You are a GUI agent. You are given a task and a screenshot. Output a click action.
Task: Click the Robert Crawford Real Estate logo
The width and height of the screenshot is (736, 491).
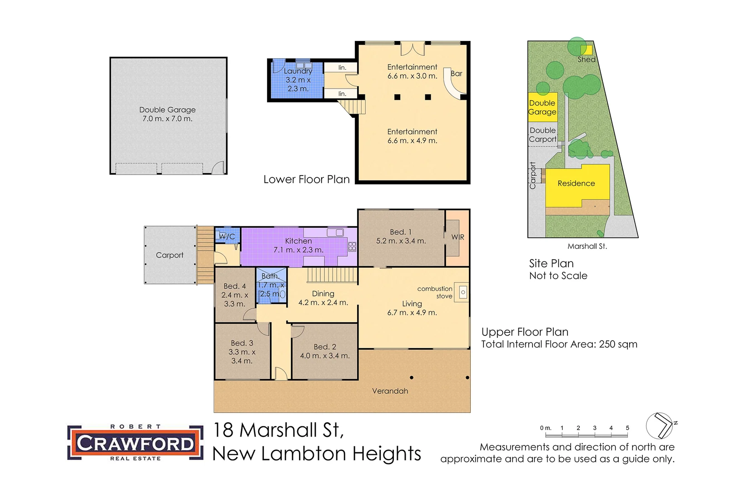click(135, 443)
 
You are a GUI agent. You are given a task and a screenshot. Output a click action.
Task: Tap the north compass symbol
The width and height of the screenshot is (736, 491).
click(660, 426)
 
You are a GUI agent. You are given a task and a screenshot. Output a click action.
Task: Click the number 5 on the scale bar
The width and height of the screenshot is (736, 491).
click(627, 428)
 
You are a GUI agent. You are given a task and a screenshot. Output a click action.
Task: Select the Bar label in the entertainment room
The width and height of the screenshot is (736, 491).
click(457, 74)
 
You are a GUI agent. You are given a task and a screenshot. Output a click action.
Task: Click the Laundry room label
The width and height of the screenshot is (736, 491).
click(298, 71)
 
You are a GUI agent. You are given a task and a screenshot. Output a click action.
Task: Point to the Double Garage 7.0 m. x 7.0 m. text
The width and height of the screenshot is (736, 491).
click(168, 114)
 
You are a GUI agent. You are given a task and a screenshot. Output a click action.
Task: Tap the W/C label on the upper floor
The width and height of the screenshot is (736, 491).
click(227, 236)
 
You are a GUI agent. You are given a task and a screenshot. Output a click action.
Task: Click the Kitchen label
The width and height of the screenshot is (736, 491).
click(298, 241)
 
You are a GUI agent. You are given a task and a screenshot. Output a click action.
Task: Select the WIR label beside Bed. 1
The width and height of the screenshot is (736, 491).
click(458, 237)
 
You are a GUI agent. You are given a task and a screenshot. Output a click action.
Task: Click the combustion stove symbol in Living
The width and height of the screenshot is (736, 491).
click(462, 292)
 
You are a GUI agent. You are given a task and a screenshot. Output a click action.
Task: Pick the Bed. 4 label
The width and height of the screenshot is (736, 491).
click(234, 286)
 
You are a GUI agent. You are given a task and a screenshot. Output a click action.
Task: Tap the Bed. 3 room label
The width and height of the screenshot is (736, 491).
click(242, 343)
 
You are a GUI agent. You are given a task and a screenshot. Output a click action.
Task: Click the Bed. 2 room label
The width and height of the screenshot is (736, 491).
click(325, 347)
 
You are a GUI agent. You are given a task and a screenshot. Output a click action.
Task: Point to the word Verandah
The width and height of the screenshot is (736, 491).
click(390, 391)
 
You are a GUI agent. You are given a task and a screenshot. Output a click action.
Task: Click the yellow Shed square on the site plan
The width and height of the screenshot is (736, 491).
click(586, 50)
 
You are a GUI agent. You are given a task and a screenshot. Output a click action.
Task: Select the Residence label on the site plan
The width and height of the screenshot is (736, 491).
click(576, 184)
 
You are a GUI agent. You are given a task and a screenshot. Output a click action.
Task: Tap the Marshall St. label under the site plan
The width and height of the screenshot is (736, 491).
click(587, 246)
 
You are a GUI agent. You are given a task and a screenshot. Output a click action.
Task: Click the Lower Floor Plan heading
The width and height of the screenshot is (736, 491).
click(307, 180)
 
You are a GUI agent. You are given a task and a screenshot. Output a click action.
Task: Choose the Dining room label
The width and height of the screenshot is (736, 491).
click(323, 294)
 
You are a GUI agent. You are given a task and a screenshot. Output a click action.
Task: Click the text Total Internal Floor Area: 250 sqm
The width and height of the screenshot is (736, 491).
click(559, 344)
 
